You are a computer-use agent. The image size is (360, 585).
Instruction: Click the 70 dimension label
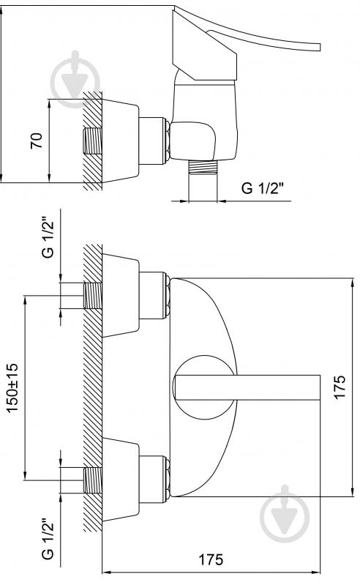tap(37, 141)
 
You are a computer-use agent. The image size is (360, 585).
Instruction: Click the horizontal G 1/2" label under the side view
tap(263, 188)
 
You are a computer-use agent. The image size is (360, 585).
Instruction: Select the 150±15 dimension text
tap(12, 387)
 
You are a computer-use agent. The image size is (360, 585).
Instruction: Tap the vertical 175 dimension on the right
tap(340, 387)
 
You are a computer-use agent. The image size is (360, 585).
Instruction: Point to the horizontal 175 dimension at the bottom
tap(211, 559)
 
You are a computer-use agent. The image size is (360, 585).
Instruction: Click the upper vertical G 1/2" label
tap(48, 238)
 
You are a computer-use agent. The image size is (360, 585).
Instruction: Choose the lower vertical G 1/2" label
tap(48, 538)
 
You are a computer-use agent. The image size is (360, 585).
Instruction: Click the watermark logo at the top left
tap(75, 80)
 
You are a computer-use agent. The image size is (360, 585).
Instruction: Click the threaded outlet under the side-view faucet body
tap(203, 167)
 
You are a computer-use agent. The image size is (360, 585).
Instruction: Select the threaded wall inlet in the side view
tap(92, 141)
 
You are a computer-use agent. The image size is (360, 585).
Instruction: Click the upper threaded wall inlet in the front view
tap(92, 296)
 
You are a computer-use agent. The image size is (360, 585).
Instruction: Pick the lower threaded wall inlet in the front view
tap(92, 480)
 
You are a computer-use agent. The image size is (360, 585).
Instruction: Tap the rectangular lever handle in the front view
tap(247, 387)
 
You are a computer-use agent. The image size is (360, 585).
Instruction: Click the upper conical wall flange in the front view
tap(121, 296)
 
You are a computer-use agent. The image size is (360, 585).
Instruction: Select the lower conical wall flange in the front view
tap(121, 480)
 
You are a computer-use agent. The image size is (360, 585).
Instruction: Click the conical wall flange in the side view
tap(121, 141)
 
